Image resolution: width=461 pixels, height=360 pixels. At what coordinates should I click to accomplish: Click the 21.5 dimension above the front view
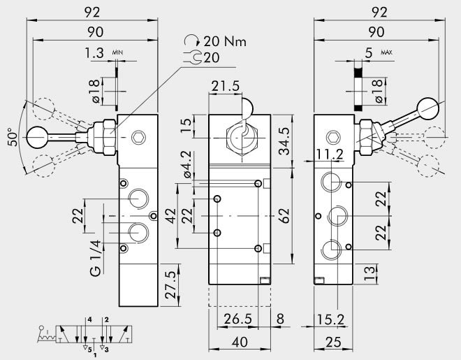coord(225,85)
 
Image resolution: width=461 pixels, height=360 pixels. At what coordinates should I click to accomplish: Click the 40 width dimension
coord(239,343)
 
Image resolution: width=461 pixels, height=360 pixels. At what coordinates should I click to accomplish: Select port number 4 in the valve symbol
coord(88,319)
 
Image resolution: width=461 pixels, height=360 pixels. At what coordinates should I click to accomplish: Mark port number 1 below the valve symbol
coord(95,354)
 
